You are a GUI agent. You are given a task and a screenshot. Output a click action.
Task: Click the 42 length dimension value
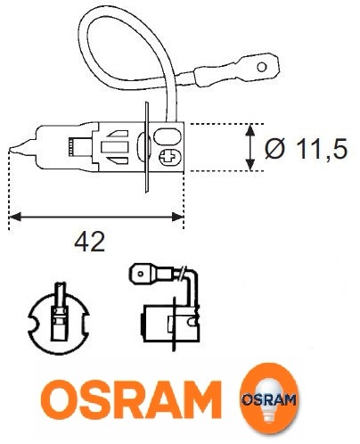90,242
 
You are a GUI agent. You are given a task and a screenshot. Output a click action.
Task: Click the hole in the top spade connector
262,67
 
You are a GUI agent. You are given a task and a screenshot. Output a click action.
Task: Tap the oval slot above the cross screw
168,136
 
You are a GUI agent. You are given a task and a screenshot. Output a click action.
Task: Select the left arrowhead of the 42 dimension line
15,217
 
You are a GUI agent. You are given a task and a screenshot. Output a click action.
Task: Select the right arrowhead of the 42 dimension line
177,217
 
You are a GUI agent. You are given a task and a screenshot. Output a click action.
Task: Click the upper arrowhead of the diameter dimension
250,130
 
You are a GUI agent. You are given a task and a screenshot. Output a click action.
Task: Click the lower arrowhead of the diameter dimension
250,165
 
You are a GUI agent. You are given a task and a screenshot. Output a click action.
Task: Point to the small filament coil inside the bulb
70,147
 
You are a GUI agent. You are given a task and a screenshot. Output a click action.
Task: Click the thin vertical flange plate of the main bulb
146,147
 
